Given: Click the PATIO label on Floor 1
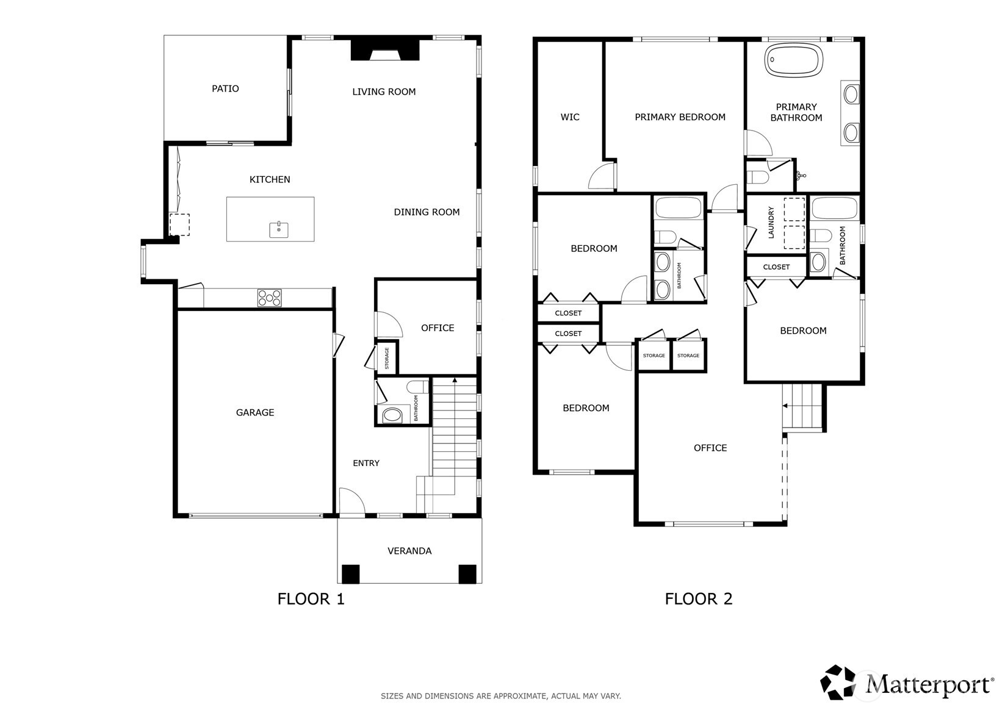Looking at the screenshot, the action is pos(225,89).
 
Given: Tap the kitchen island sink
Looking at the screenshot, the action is pos(279,229).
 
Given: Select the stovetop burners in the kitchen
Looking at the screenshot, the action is pos(269,298).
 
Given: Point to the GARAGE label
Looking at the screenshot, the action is pos(255,412).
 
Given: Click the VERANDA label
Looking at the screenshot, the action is pos(409,551).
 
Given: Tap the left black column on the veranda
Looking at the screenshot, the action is pos(350,573).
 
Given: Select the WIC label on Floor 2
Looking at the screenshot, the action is pos(570,117).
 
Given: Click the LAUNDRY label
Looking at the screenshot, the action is pos(771,223).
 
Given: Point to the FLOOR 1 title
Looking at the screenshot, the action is pos(311,599).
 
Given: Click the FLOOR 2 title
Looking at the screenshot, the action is pos(699,599).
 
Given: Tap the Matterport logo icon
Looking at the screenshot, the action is pos(838,682).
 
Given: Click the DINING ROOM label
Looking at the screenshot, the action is pos(427,212).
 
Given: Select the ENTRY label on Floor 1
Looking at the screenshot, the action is pos(366,464).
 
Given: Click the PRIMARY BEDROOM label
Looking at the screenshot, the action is pos(680,117).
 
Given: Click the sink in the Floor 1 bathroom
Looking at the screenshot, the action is pos(392,415).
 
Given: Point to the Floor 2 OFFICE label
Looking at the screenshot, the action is pos(710,448).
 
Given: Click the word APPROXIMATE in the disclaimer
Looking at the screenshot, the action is pos(520,696).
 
